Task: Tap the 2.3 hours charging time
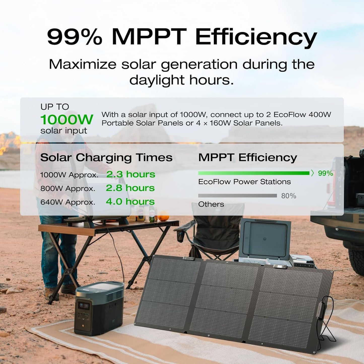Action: (x=130, y=174)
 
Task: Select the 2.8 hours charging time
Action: (x=130, y=188)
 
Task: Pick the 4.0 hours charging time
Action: (x=130, y=202)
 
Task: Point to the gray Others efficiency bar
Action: (x=237, y=196)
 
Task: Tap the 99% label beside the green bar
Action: (x=325, y=173)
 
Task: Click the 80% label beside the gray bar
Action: (x=289, y=196)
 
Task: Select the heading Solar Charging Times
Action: (x=106, y=158)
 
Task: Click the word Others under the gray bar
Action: (x=211, y=204)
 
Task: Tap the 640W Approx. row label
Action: (x=68, y=202)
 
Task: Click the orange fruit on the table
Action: (x=163, y=216)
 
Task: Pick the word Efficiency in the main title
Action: (x=256, y=37)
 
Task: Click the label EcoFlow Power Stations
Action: (x=244, y=182)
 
